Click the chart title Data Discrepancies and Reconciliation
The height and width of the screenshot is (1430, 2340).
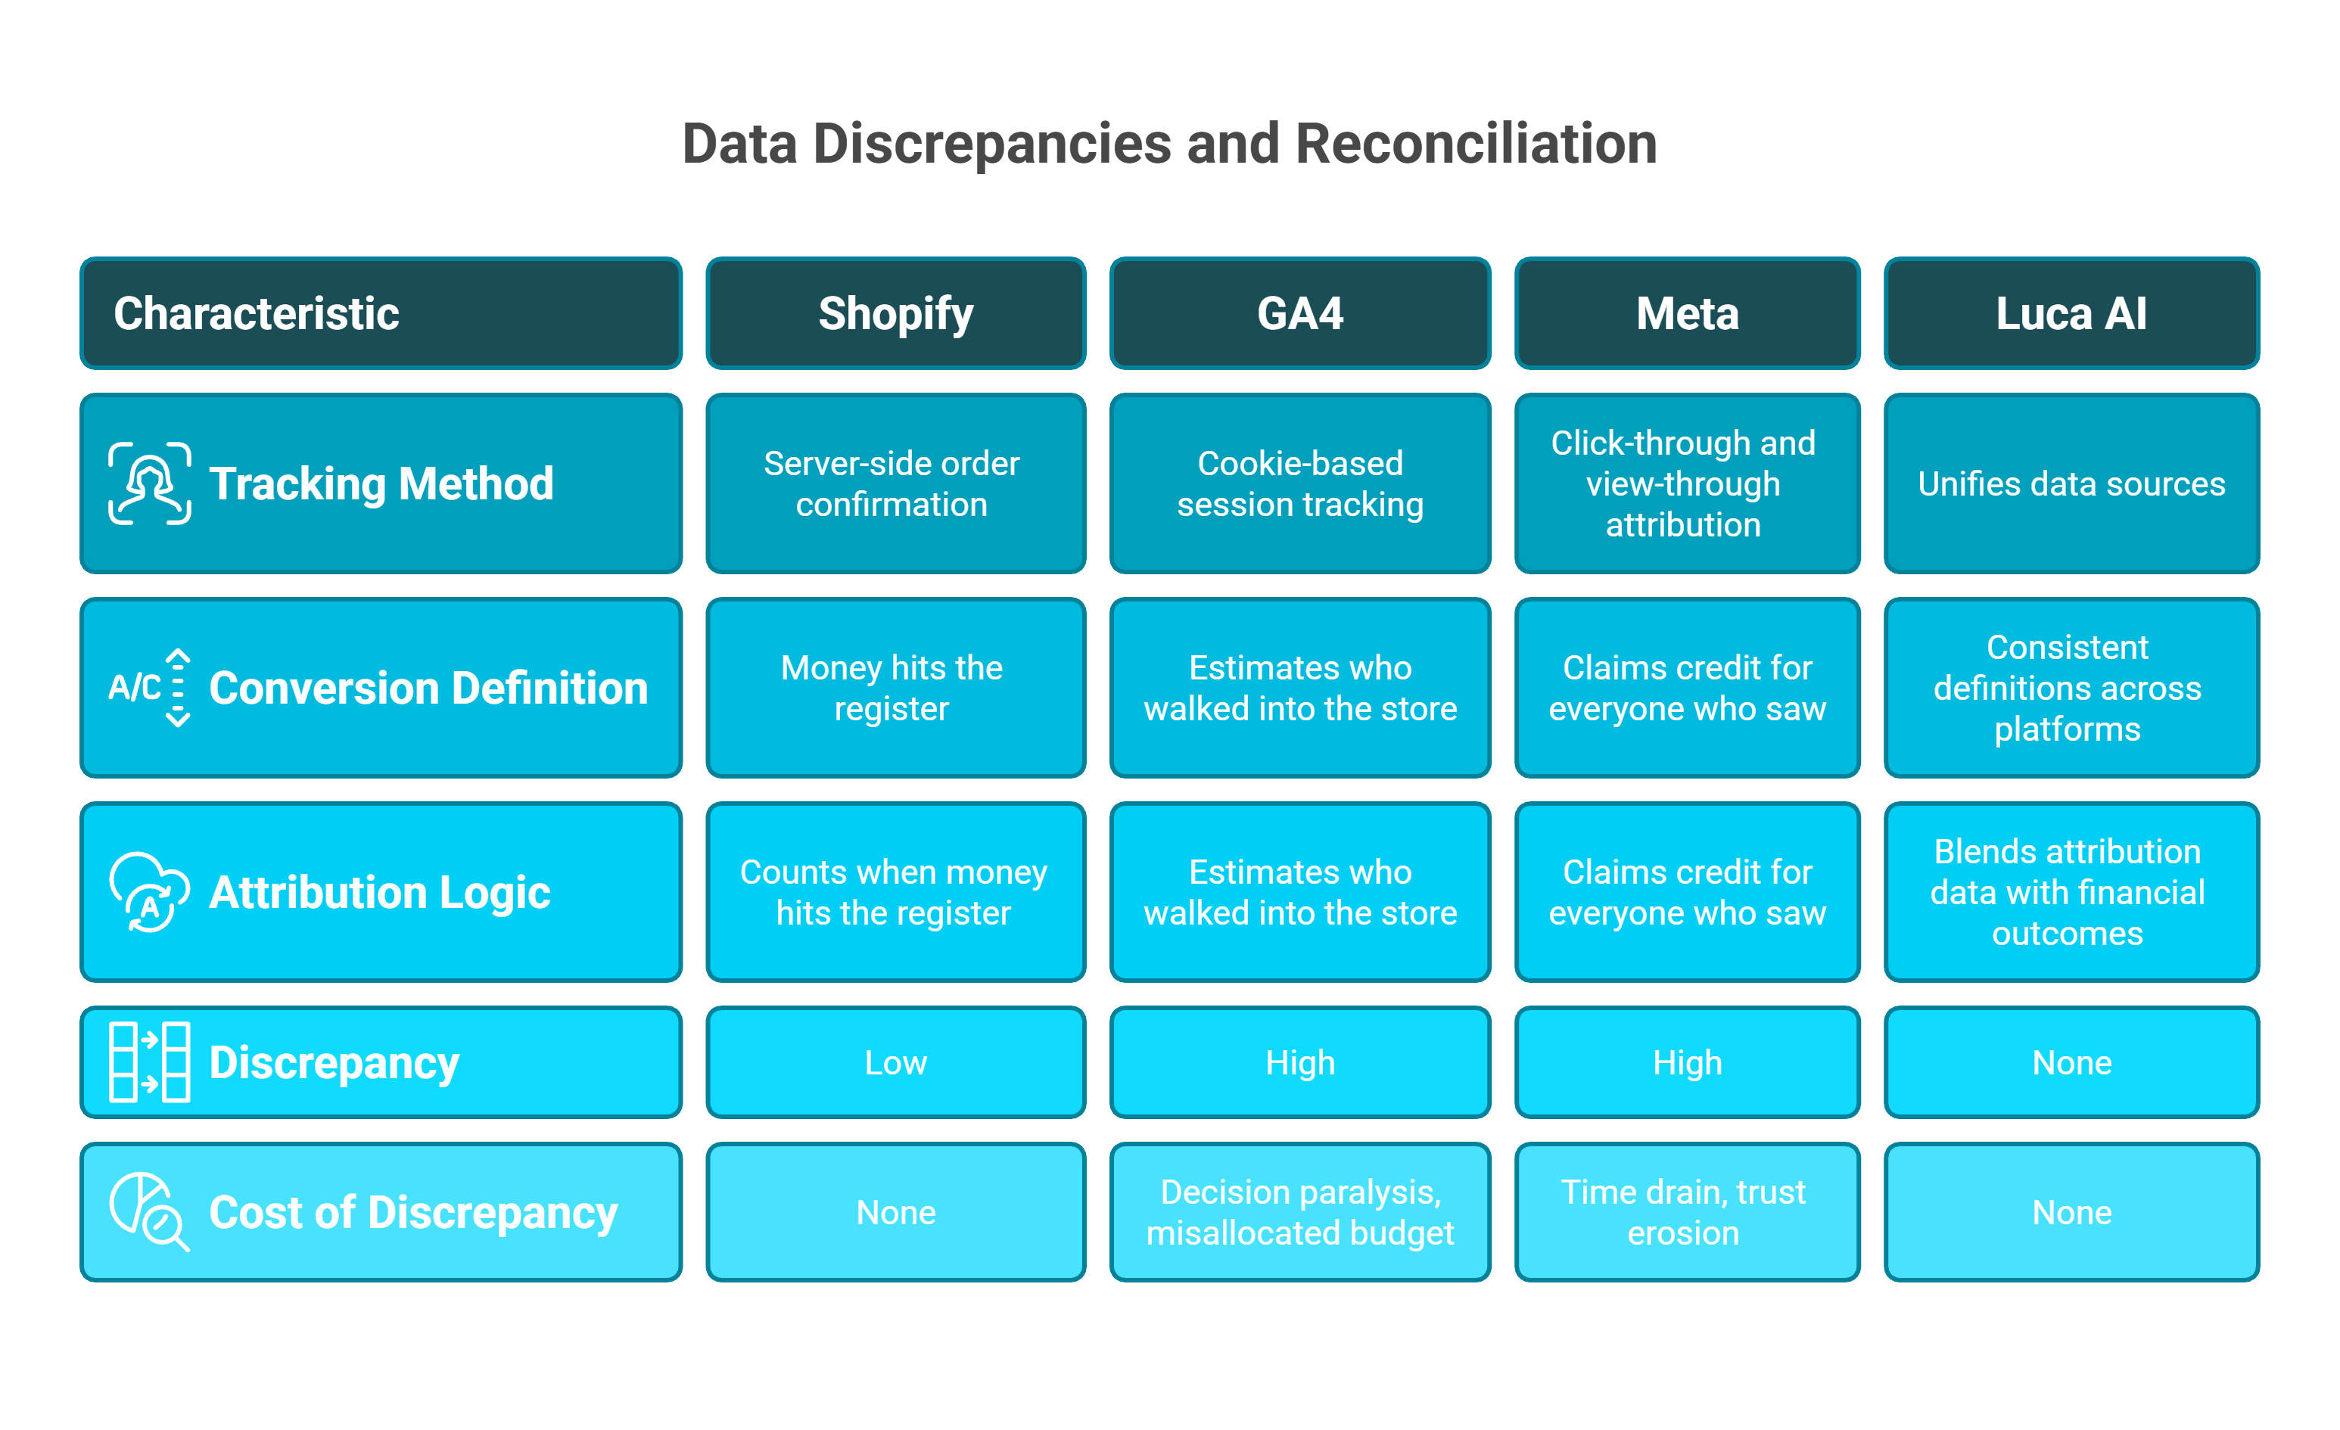1169,145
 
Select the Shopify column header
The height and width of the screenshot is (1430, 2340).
895,313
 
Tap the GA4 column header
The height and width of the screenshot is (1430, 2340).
1299,313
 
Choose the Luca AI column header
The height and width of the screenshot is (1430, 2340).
2071,313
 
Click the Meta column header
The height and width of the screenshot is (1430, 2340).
1687,313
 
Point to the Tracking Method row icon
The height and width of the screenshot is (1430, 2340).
149,483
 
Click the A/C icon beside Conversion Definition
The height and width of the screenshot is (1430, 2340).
149,688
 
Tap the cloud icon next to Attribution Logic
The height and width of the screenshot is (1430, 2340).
149,891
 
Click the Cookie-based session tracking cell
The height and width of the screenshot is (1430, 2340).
1299,483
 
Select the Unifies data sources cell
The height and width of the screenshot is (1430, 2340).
2071,483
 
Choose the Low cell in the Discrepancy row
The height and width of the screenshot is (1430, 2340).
895,1062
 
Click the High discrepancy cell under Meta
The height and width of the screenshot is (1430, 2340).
1687,1062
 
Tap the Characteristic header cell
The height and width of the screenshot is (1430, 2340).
380,313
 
